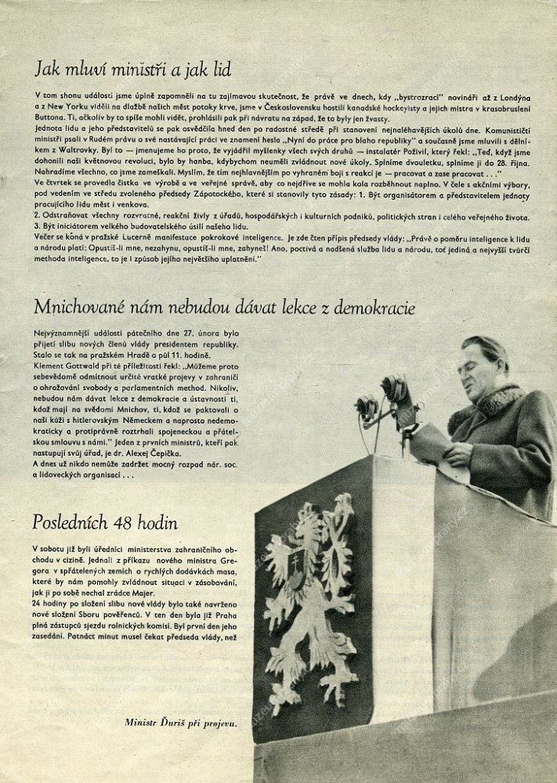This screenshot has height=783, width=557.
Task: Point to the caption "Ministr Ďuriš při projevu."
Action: [180, 723]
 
